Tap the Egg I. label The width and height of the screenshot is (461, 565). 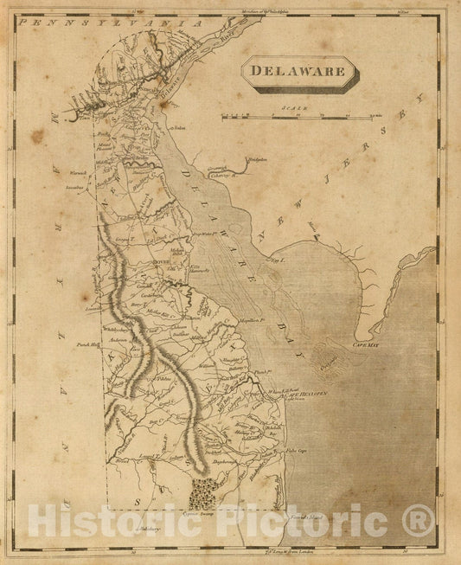click(x=277, y=258)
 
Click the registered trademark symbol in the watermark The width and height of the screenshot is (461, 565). click(x=419, y=522)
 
